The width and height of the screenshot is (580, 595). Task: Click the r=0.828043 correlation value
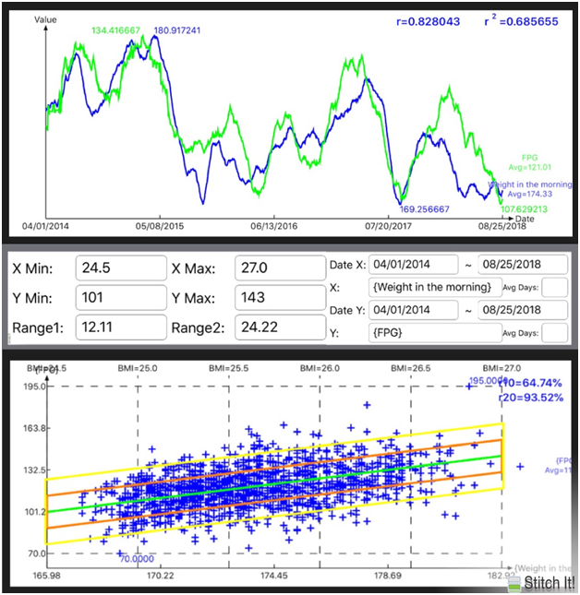420,20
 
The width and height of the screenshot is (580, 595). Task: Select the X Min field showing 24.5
120,268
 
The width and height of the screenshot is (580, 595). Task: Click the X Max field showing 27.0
275,268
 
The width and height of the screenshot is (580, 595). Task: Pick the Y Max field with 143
275,299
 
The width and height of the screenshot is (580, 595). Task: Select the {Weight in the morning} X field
436,287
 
